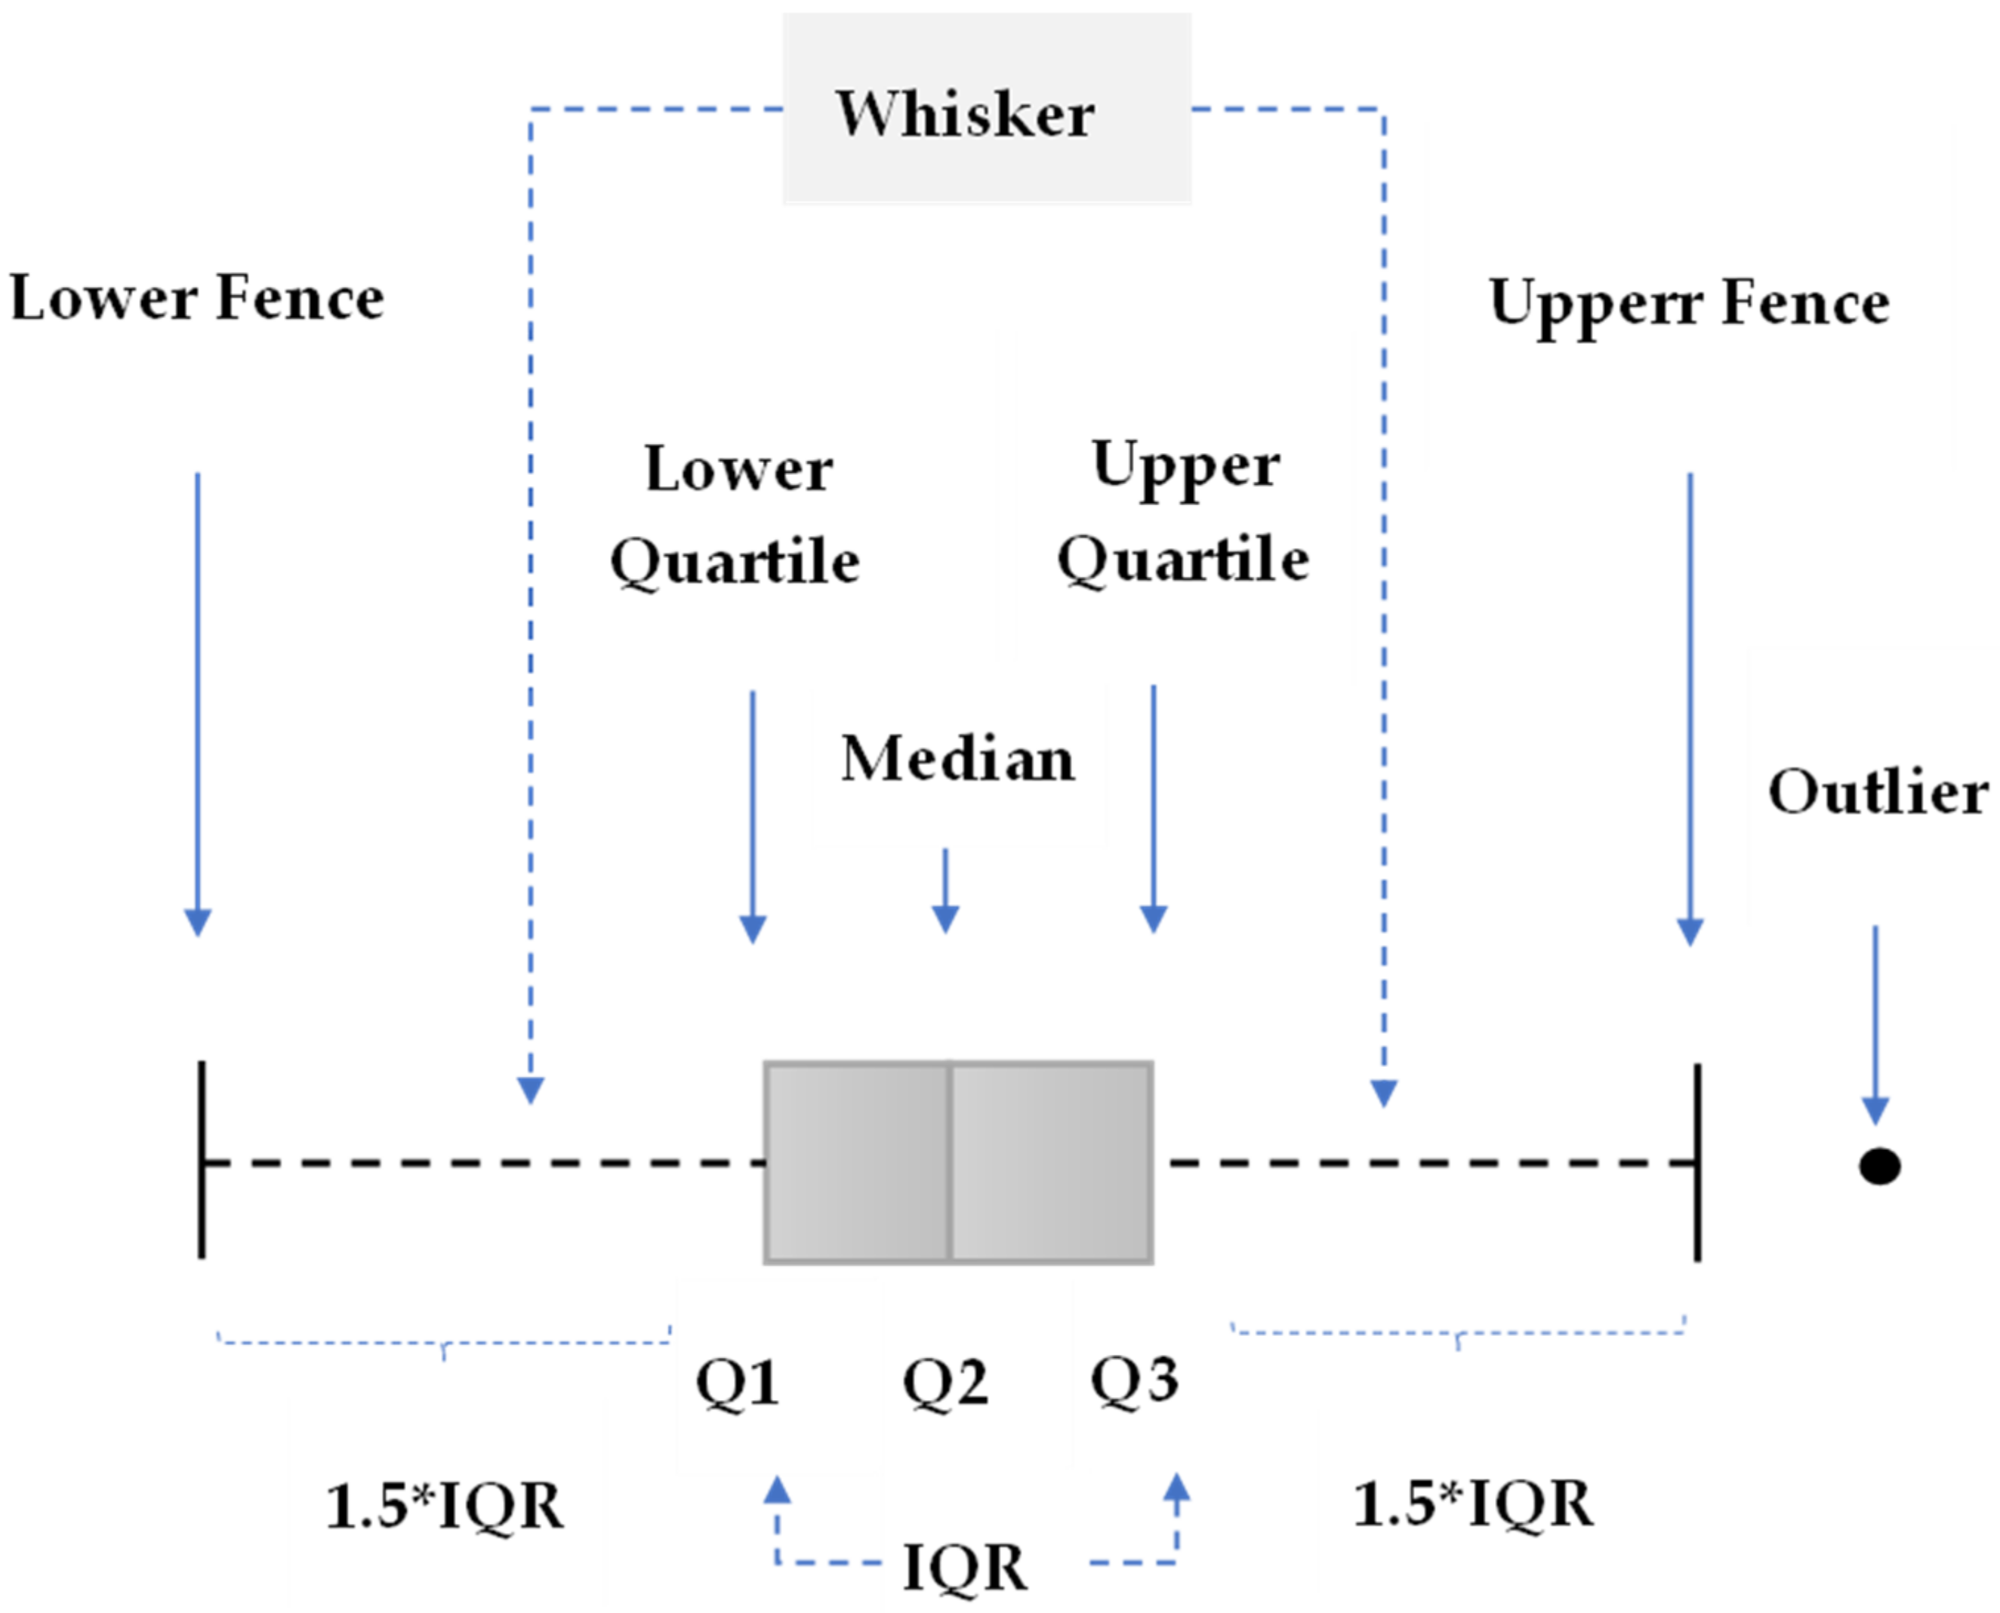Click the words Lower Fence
point(196,299)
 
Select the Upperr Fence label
point(1688,303)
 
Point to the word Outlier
point(1876,793)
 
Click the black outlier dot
point(1879,1165)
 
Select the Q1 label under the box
point(738,1383)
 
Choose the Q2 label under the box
point(945,1383)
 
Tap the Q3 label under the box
point(1134,1380)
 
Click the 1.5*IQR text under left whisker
point(444,1505)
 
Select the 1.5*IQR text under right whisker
point(1473,1503)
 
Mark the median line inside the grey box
point(949,1161)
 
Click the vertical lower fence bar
point(202,1161)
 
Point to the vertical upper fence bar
point(1697,1162)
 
